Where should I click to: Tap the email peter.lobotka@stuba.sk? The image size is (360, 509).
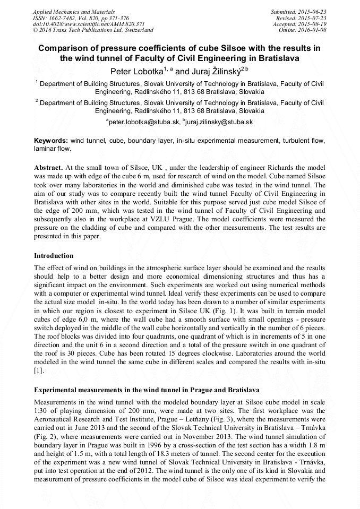pos(144,122)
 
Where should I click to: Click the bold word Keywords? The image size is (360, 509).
pos(52,141)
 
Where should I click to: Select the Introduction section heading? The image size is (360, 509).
pos(54,256)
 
